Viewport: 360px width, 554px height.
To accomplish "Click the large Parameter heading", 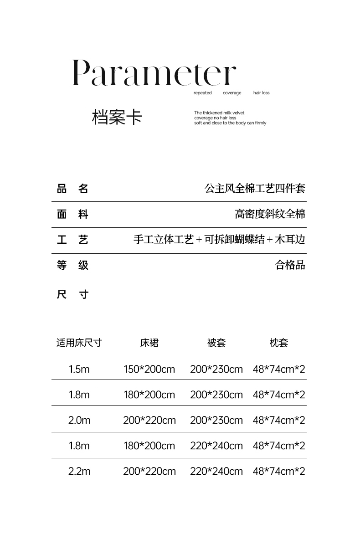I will click(154, 73).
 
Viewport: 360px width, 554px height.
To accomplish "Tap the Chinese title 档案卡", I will click(117, 117).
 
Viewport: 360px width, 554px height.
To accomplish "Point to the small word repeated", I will click(202, 93).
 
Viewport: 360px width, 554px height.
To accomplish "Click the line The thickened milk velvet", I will click(219, 113).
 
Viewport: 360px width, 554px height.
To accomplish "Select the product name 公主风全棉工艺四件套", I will click(255, 188).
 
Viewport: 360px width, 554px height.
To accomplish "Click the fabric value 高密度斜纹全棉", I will click(270, 214).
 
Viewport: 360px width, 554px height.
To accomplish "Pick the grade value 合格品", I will click(290, 265).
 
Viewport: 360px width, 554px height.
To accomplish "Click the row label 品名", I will click(72, 189).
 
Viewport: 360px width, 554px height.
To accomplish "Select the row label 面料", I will click(72, 214).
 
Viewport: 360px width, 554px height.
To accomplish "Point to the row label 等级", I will click(72, 265).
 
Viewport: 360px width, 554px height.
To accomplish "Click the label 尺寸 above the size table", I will click(72, 294).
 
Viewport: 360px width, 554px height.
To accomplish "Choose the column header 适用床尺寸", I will click(79, 343).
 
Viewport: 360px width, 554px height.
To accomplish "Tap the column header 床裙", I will click(149, 343).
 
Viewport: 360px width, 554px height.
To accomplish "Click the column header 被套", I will click(216, 343).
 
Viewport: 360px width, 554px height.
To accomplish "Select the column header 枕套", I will click(278, 343).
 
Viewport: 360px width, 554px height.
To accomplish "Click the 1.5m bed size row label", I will click(79, 369).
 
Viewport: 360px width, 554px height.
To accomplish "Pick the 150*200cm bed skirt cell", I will click(149, 369).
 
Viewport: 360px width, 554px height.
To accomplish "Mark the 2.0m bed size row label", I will click(79, 420).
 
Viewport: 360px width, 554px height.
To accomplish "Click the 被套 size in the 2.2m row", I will click(216, 471).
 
